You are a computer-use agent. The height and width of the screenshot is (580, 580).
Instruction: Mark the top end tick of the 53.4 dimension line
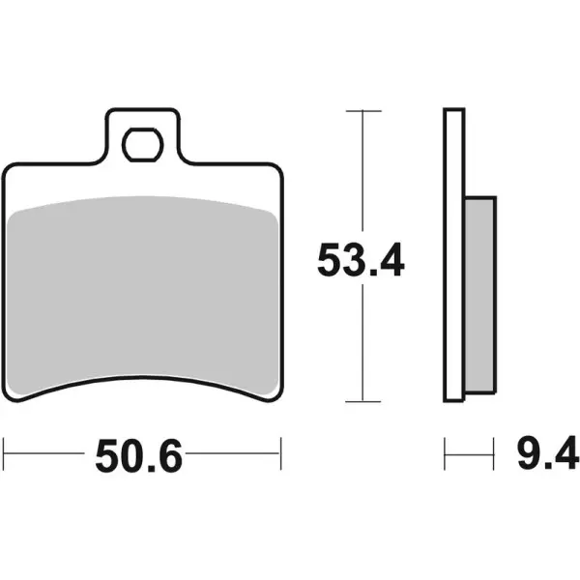click(362, 111)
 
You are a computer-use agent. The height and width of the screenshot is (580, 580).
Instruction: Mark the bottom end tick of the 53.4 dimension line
click(362, 401)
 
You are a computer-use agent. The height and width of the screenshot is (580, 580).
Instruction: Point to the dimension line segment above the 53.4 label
click(362, 174)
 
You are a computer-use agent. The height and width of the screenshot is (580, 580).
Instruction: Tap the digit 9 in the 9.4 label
click(529, 453)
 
